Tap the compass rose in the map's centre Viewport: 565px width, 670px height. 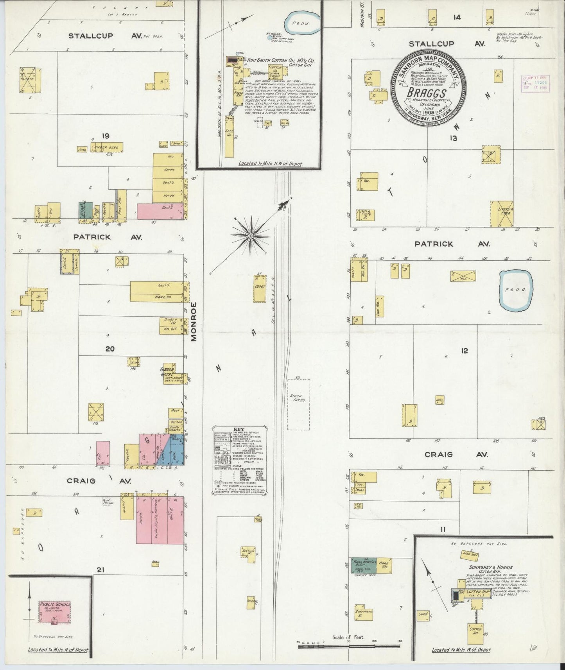[250, 236]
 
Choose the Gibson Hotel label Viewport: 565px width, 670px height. [167, 372]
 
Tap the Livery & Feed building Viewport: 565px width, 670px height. [502, 214]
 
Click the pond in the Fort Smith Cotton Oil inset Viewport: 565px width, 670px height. [302, 24]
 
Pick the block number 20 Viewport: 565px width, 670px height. [110, 349]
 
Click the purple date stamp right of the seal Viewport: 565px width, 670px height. [536, 82]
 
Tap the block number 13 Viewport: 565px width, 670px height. [453, 138]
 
